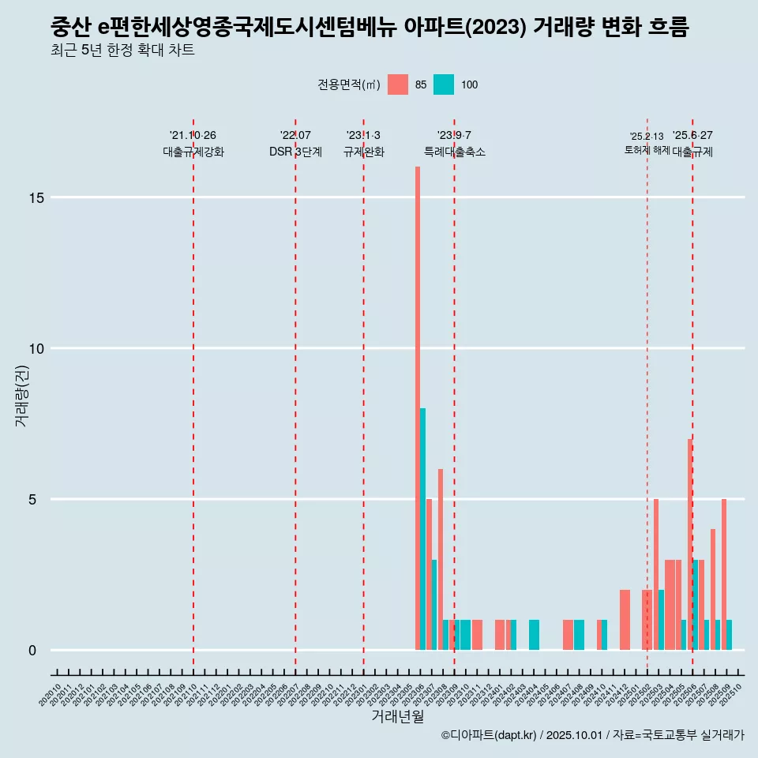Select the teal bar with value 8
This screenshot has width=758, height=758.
tap(423, 529)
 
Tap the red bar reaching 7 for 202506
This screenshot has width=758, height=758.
tap(689, 545)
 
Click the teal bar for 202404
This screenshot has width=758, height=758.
tap(534, 635)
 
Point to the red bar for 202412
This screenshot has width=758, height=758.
tap(625, 620)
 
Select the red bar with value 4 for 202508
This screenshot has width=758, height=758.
tap(713, 589)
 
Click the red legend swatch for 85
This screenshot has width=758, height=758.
tap(398, 84)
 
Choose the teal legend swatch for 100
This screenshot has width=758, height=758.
tap(444, 84)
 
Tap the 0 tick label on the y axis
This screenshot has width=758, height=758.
tap(32, 650)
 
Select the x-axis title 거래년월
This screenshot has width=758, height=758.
tap(398, 717)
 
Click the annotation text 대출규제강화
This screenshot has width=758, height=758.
tap(193, 152)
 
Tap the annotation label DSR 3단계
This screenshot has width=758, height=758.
tap(295, 152)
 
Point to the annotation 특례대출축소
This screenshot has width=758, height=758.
tap(455, 152)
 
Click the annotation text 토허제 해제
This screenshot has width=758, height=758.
tap(647, 150)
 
